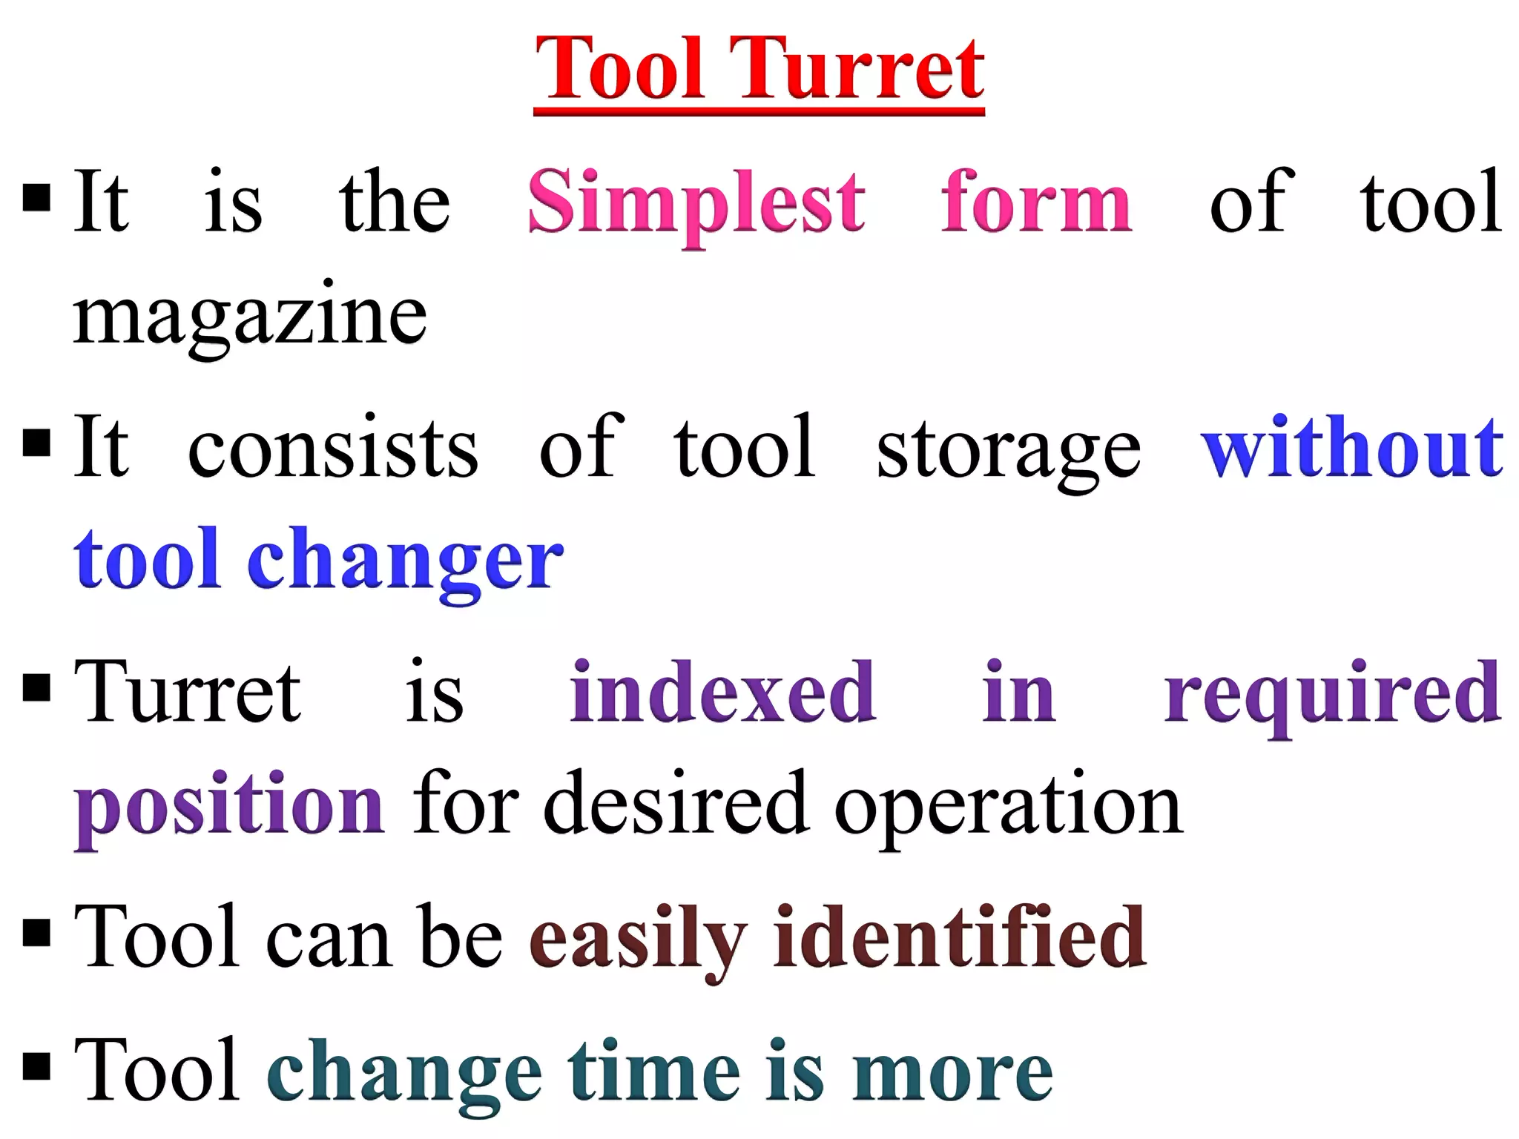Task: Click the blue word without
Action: [x=1351, y=447]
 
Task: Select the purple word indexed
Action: [x=722, y=693]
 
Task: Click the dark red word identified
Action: [x=959, y=937]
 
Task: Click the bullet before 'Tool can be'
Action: [x=36, y=934]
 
